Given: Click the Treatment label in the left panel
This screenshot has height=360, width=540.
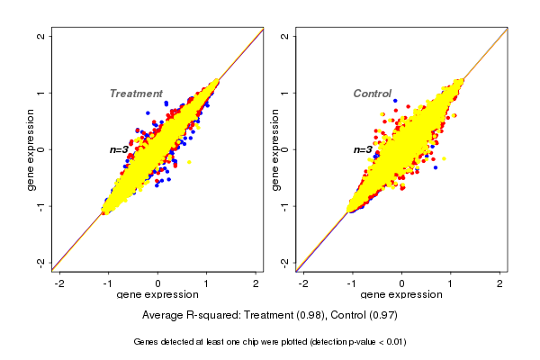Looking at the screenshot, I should [x=136, y=94].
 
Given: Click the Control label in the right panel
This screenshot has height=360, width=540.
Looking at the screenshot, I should [x=372, y=94].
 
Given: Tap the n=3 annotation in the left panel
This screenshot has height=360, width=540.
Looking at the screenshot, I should [x=120, y=149].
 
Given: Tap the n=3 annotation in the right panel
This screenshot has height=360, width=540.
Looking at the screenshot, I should [x=363, y=149].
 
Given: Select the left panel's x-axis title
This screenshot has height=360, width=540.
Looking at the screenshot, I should [x=157, y=295].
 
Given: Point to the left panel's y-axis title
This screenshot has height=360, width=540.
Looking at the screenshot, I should [x=32, y=149].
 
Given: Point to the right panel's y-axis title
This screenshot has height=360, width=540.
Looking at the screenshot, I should [x=275, y=149].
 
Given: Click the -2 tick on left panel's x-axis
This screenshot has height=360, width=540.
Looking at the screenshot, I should [x=60, y=283].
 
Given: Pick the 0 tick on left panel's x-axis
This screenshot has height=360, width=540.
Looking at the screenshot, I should [x=158, y=283].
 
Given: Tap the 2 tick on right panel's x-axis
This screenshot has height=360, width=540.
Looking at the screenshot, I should [x=499, y=283].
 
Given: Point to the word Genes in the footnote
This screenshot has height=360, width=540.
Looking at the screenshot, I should [x=147, y=342].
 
